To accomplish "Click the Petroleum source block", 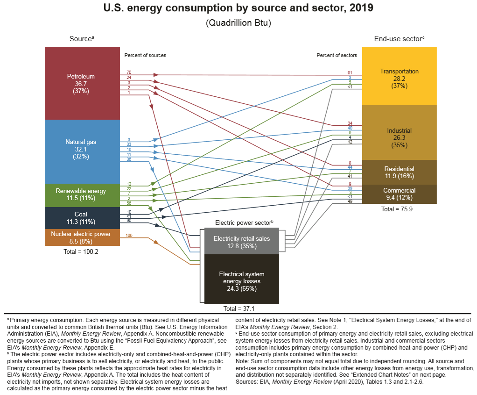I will tap(81, 83).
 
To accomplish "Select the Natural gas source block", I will tap(81, 150).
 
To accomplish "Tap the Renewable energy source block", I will tap(81, 194).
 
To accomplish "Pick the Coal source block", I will tap(81, 218).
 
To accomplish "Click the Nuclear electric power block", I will tap(81, 237).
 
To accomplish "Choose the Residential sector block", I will tap(399, 172).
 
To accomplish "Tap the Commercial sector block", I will tap(399, 194).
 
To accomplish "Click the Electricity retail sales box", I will tap(241, 242).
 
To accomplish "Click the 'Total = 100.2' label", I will tap(81, 251).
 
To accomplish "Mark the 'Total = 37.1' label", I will tap(238, 309).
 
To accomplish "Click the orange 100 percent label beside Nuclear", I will tap(129, 235).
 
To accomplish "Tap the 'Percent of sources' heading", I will tap(145, 55).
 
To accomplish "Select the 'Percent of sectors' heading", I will tap(337, 55).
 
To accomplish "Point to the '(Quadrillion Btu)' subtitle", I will tap(238, 23).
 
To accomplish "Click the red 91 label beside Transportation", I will tap(350, 73).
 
